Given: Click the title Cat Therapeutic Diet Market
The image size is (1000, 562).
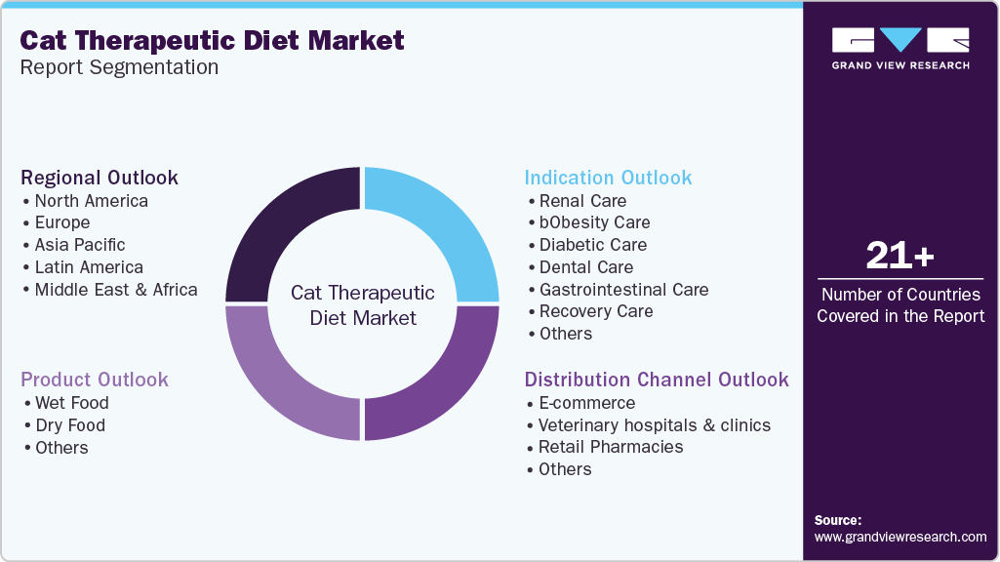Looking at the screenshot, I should (x=212, y=40).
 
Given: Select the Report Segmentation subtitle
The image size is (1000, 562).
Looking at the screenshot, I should (x=119, y=68).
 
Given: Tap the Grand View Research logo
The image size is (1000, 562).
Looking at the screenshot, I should (x=900, y=48).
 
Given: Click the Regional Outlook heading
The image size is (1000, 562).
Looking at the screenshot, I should (x=100, y=178).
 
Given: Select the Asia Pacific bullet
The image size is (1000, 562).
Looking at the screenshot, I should (x=79, y=245).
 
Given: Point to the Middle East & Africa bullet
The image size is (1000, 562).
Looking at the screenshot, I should (x=115, y=290).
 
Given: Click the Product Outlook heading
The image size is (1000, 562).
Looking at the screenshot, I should (x=95, y=380).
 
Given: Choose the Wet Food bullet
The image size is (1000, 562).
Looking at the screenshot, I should (x=71, y=403).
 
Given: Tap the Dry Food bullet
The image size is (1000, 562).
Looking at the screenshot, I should (x=69, y=425).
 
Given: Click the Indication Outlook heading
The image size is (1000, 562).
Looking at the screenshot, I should (x=608, y=178).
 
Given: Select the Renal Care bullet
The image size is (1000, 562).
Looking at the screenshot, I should (x=582, y=201).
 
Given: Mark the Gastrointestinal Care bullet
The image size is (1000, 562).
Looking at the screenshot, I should (x=623, y=290).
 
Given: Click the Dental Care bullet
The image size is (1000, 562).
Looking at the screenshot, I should (x=585, y=267).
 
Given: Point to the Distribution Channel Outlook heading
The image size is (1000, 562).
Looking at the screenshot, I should (x=657, y=380).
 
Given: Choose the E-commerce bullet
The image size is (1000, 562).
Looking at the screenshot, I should (x=586, y=403).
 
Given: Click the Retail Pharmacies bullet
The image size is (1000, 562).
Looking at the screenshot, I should (x=611, y=447).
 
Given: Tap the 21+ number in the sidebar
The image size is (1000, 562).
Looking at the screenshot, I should (x=900, y=257).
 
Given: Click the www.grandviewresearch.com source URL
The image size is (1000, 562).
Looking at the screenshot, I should (x=900, y=537).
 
